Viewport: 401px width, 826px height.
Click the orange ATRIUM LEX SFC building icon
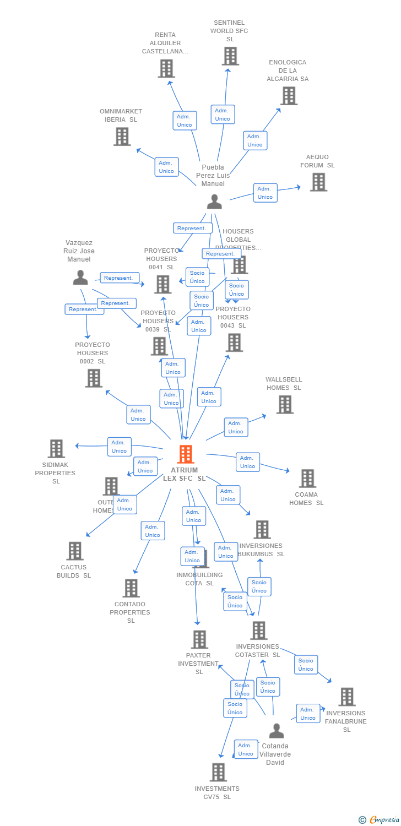[186, 454]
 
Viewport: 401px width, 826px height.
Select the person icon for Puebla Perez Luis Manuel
[214, 202]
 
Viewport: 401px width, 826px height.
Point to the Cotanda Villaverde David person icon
[277, 731]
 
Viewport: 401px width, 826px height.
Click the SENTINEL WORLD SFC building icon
[230, 56]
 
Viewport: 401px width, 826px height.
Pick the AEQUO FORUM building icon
[318, 182]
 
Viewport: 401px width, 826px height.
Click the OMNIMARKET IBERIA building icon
[122, 137]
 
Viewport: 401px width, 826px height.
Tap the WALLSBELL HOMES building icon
[285, 405]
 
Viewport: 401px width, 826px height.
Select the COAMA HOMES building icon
[307, 479]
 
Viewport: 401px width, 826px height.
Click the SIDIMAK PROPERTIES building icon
[56, 449]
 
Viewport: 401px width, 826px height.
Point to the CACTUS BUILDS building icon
[74, 551]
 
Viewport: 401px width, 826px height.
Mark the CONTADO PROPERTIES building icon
[131, 588]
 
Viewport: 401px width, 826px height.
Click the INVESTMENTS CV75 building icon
[218, 772]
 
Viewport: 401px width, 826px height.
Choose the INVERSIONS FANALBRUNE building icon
[346, 697]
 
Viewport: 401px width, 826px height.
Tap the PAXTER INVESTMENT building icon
[199, 639]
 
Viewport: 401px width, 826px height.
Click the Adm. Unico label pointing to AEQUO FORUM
[265, 193]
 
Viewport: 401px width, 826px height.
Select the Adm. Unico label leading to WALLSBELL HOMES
[236, 427]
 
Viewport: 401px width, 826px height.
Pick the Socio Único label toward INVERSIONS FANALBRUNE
[306, 665]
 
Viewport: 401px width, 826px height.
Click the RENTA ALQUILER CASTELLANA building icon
[166, 69]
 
